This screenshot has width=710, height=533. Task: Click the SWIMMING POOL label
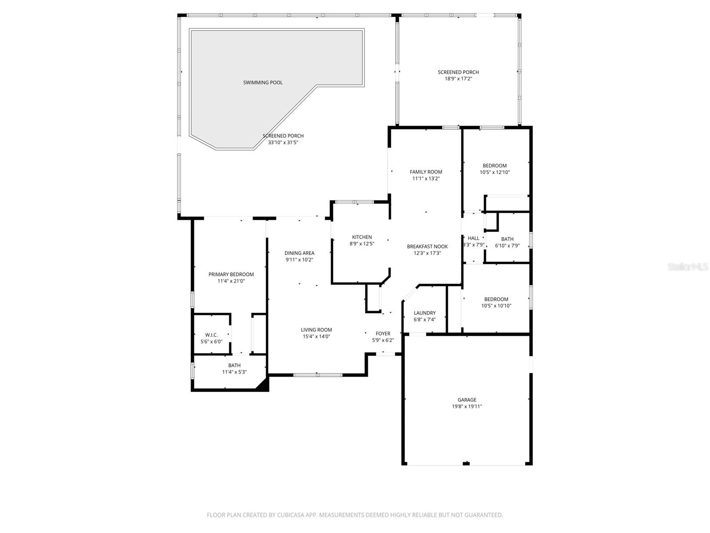pyautogui.click(x=263, y=83)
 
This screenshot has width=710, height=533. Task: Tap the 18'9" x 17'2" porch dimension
pyautogui.click(x=458, y=79)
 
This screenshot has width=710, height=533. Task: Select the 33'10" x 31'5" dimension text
pyautogui.click(x=283, y=143)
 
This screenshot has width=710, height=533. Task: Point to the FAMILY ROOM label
pyautogui.click(x=426, y=172)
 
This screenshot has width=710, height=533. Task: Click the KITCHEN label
pyautogui.click(x=362, y=237)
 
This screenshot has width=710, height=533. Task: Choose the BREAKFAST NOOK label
pyautogui.click(x=427, y=247)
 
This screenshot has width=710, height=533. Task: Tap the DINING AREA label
pyautogui.click(x=299, y=253)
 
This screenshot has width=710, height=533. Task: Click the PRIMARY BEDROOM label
pyautogui.click(x=231, y=274)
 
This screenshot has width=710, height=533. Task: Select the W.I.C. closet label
pyautogui.click(x=211, y=335)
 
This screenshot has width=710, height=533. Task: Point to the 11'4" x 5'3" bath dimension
pyautogui.click(x=234, y=372)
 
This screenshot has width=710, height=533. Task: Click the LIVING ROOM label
pyautogui.click(x=316, y=330)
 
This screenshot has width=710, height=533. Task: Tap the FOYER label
pyautogui.click(x=383, y=334)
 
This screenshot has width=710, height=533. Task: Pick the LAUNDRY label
pyautogui.click(x=425, y=313)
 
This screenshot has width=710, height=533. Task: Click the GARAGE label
pyautogui.click(x=467, y=400)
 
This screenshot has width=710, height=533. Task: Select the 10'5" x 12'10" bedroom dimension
pyautogui.click(x=495, y=172)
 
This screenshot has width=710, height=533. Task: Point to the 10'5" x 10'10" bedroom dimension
pyautogui.click(x=496, y=306)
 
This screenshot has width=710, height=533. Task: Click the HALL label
pyautogui.click(x=473, y=238)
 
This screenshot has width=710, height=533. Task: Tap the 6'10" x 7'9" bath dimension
pyautogui.click(x=507, y=246)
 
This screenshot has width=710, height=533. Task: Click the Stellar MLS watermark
pyautogui.click(x=688, y=266)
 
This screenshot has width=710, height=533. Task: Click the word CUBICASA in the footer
pyautogui.click(x=291, y=515)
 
